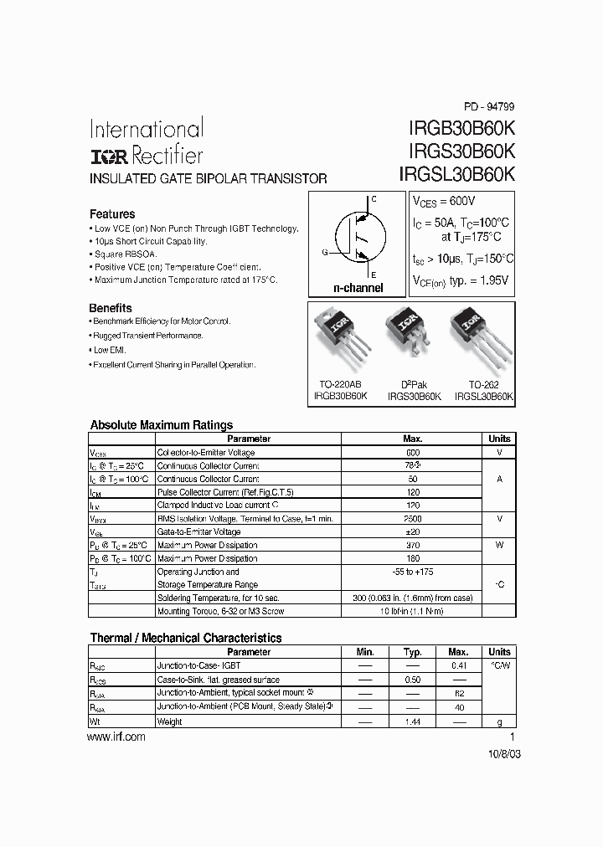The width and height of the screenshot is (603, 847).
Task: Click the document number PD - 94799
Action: click(489, 106)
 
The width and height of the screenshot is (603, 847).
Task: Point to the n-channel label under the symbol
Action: click(358, 288)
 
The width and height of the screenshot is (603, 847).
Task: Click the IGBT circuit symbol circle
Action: click(358, 239)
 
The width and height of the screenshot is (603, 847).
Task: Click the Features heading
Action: click(112, 214)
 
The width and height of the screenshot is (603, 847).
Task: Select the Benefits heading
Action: click(111, 308)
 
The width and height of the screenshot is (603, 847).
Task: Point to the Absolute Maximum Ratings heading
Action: click(161, 425)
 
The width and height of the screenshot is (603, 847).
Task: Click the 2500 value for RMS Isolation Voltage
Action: click(412, 519)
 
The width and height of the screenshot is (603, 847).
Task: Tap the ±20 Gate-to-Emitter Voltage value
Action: click(412, 532)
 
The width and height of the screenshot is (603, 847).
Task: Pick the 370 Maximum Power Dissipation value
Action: click(412, 545)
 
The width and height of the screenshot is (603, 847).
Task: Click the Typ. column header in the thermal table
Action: click(412, 652)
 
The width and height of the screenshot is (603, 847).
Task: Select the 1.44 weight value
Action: click(412, 721)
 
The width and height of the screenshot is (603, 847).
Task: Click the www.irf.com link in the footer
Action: click(116, 737)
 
